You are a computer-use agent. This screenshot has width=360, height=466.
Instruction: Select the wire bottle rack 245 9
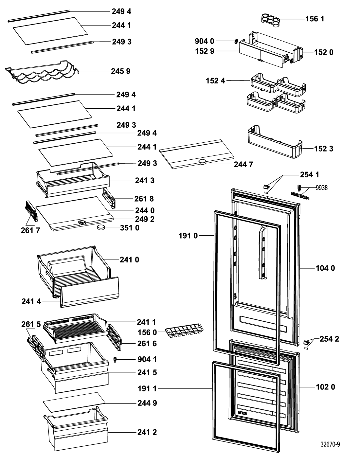click(42, 72)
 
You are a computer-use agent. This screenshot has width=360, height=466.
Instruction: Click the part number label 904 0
click(204, 41)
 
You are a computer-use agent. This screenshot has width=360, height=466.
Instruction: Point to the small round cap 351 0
click(101, 227)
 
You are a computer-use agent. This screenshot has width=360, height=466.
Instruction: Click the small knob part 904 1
click(115, 360)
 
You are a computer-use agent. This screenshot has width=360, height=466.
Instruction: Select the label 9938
click(322, 188)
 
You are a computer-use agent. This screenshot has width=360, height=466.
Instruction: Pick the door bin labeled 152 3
click(275, 142)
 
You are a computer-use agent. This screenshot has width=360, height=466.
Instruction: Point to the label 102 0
click(325, 387)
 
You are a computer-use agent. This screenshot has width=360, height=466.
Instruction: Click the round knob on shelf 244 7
click(202, 161)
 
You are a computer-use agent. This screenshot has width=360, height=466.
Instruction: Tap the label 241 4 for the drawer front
click(31, 301)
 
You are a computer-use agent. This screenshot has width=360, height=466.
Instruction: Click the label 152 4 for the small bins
click(215, 81)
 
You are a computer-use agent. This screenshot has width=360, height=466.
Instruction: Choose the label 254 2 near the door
click(329, 339)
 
